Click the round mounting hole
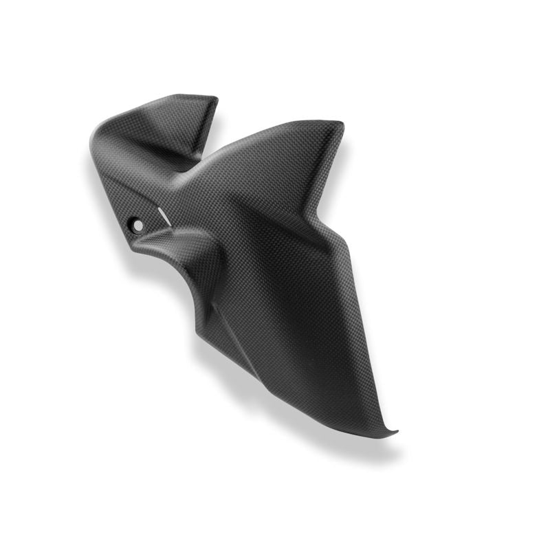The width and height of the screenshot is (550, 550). [138, 224]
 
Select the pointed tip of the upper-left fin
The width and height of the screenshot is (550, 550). [214, 100]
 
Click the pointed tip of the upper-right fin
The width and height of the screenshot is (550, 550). [341, 124]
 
